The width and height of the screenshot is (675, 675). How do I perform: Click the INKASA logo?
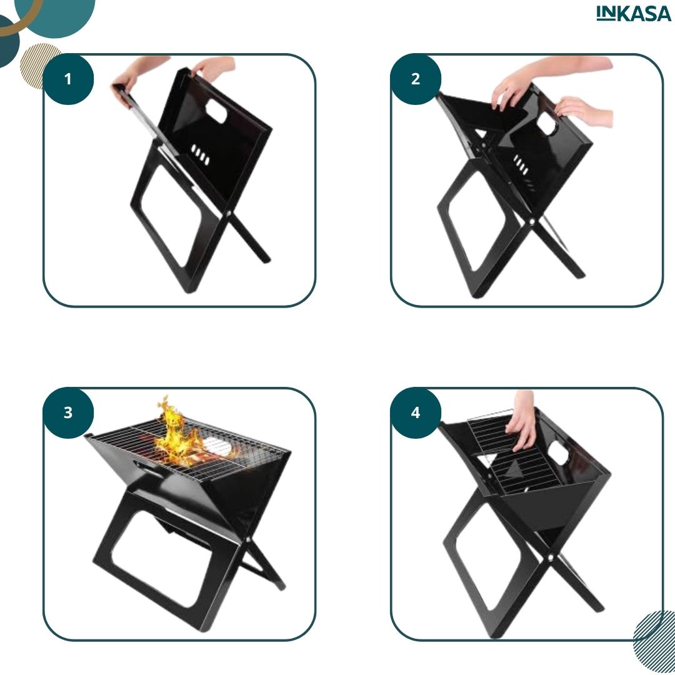[633, 13]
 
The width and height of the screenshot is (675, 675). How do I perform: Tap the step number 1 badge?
[68, 79]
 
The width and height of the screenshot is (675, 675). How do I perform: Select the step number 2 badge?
[416, 79]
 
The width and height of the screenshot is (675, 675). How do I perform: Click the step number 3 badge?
[68, 413]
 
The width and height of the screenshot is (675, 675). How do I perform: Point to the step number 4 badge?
[416, 413]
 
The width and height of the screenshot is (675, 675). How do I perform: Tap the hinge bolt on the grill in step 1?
[229, 214]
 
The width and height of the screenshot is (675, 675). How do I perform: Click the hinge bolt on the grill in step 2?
[532, 222]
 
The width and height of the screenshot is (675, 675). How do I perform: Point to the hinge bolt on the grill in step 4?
[551, 557]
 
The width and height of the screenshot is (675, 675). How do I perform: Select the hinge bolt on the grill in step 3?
[248, 539]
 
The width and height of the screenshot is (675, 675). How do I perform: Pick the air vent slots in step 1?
[200, 154]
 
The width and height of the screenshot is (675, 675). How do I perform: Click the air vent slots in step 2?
[521, 164]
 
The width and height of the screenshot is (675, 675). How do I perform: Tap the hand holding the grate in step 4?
[522, 421]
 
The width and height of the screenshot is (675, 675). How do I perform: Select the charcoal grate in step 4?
[517, 452]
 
